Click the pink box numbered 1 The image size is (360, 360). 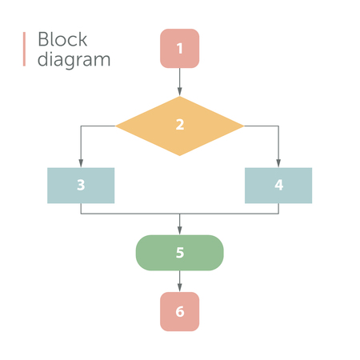(179, 48)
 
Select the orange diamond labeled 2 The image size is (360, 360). (179, 126)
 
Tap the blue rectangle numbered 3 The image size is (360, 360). (81, 185)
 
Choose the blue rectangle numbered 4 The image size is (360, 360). (278, 185)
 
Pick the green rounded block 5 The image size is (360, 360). (179, 253)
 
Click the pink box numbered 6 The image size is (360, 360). (179, 311)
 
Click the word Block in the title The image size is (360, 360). (62, 40)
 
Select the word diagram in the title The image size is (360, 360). (74, 60)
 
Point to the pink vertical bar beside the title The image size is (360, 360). (25, 50)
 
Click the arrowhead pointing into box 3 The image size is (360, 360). (81, 163)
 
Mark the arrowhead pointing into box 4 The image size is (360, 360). (278, 163)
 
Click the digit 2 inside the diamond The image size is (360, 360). (179, 125)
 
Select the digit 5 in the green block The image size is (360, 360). (179, 253)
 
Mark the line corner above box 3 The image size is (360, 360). (81, 126)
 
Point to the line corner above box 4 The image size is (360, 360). (278, 126)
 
